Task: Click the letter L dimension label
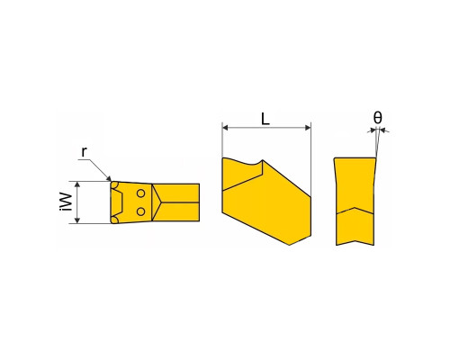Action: (265, 119)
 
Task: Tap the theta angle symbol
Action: (378, 117)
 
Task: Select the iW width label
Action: (66, 202)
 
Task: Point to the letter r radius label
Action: (85, 152)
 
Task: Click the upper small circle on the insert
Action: (140, 193)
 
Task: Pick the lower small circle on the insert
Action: (140, 211)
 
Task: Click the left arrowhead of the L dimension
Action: (225, 128)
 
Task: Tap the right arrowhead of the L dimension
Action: (308, 128)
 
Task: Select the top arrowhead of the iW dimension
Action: (77, 184)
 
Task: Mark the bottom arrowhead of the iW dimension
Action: (77, 220)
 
